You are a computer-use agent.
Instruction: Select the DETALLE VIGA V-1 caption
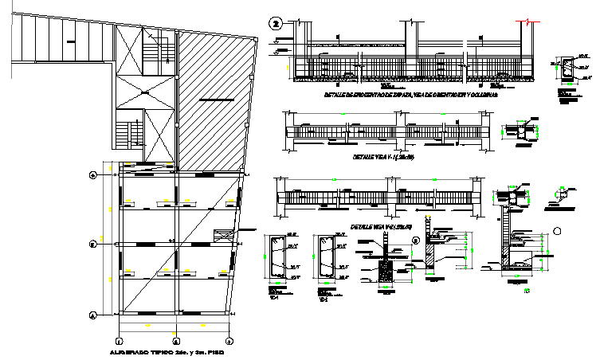(x=382, y=157)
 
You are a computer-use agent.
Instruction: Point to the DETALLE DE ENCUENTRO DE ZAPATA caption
(x=411, y=95)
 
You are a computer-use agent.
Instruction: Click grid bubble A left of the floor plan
(x=93, y=315)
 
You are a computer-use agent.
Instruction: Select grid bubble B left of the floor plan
(x=93, y=245)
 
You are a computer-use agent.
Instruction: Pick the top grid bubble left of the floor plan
(x=93, y=174)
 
